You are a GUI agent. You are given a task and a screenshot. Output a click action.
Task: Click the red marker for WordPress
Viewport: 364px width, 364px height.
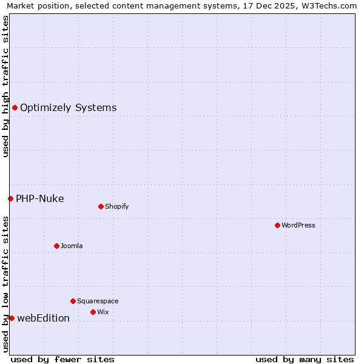click(277, 225)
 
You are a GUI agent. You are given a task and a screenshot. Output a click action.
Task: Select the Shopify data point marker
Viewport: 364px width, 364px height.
click(101, 206)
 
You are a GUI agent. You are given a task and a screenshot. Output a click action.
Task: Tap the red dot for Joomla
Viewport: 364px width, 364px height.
click(56, 246)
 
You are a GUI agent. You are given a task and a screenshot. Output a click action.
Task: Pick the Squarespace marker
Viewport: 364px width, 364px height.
click(73, 301)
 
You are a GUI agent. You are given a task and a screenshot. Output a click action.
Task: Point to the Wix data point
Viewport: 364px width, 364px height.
click(93, 312)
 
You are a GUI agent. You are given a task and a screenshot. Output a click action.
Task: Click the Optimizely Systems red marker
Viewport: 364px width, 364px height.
click(15, 107)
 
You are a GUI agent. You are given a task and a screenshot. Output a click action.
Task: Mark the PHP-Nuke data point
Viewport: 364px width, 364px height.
click(10, 198)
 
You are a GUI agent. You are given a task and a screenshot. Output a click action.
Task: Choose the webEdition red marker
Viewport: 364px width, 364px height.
click(12, 318)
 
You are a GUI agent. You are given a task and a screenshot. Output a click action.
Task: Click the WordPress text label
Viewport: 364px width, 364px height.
click(298, 225)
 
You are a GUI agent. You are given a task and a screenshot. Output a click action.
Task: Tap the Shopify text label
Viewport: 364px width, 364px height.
click(117, 206)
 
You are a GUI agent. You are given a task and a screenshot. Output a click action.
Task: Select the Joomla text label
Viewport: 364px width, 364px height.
click(72, 246)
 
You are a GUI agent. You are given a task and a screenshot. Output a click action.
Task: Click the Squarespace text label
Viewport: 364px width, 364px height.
click(98, 301)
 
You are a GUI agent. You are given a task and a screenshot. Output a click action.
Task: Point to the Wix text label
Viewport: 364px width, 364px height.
click(103, 312)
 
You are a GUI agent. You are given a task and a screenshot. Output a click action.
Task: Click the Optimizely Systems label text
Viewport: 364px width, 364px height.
click(68, 108)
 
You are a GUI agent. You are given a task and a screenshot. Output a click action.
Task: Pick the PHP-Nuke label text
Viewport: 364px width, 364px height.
click(39, 198)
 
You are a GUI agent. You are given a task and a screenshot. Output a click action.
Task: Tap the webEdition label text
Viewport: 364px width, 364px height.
click(43, 318)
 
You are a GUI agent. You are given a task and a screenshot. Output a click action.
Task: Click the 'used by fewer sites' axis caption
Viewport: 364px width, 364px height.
click(62, 359)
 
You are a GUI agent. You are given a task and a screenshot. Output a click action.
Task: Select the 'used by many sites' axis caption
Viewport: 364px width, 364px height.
click(305, 359)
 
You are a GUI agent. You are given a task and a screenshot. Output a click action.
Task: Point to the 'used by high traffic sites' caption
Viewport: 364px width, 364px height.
click(6, 86)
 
